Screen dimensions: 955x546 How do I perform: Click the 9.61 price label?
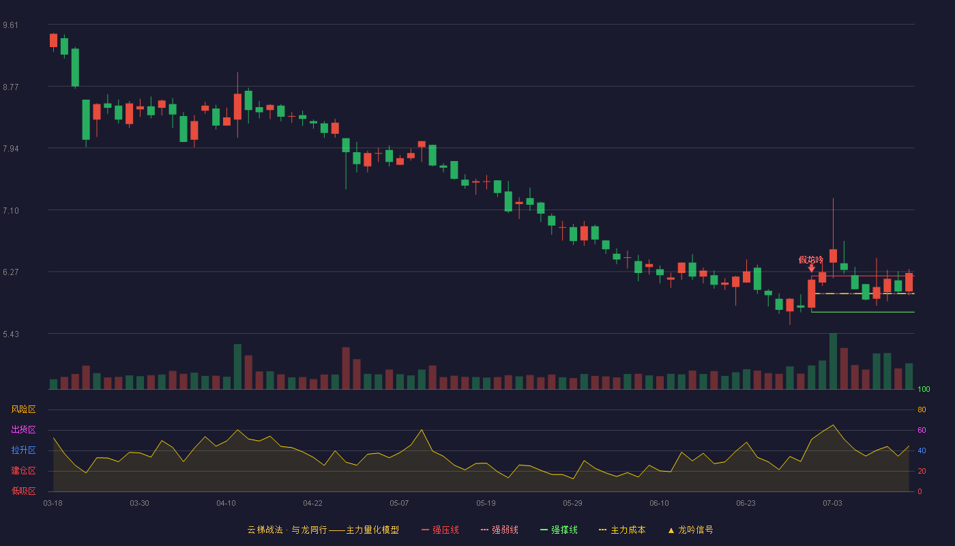11,25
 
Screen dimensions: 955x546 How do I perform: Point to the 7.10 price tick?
11,211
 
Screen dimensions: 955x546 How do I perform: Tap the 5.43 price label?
11,334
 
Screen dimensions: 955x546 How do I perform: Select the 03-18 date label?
53,504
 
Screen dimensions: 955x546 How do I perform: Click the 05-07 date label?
399,504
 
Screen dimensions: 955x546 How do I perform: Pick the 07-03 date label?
832,504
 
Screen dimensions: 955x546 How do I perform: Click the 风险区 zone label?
23,409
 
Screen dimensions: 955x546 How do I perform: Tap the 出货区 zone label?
23,429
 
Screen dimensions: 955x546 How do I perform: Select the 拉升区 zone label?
23,450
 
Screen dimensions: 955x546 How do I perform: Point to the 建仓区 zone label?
23,470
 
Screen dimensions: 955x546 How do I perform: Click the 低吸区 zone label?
23,491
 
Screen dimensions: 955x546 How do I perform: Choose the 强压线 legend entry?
440,530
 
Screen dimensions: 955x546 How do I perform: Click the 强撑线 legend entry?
559,530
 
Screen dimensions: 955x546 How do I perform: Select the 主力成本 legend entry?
622,530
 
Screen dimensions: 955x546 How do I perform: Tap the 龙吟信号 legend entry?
690,530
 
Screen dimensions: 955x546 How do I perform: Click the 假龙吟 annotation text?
811,260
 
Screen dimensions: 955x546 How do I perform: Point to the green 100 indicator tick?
924,389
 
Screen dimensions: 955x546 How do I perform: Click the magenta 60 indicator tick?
922,430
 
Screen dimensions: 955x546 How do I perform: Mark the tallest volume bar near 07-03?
833,361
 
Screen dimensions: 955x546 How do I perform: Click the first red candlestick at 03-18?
53,40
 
